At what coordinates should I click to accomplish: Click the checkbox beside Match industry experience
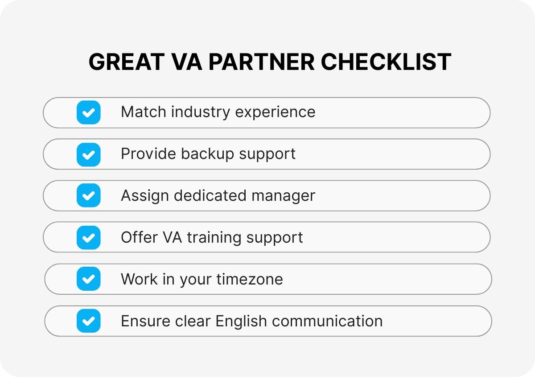(x=88, y=112)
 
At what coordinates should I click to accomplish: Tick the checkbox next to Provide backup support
(x=88, y=154)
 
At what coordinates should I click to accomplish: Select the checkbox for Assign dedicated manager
(x=88, y=195)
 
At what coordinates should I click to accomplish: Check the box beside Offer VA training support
(x=88, y=237)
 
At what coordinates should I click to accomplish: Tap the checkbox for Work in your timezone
(x=88, y=279)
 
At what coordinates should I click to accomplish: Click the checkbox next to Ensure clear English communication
(x=88, y=321)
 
